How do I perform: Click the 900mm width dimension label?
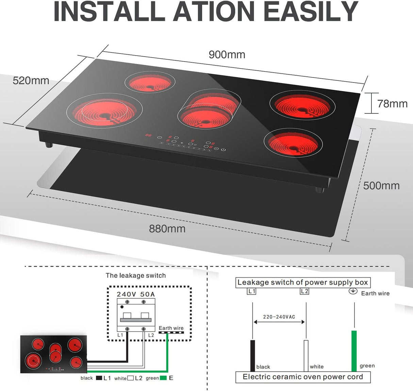click(227, 55)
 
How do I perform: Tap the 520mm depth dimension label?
click(31, 81)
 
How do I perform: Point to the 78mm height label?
click(392, 104)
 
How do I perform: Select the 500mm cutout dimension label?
click(381, 186)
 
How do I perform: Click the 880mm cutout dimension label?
click(167, 228)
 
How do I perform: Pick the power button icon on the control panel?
click(223, 149)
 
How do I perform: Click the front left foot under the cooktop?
click(49, 145)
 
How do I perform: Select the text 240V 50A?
click(135, 294)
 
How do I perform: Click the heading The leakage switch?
click(135, 275)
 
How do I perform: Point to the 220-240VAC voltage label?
click(279, 317)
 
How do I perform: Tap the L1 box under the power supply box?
click(251, 291)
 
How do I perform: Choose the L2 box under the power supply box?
click(304, 291)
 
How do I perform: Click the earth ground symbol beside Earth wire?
click(353, 291)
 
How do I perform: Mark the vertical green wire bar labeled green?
click(354, 350)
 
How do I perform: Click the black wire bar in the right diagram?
click(252, 355)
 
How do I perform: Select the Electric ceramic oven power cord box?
click(303, 377)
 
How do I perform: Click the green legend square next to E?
click(163, 378)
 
